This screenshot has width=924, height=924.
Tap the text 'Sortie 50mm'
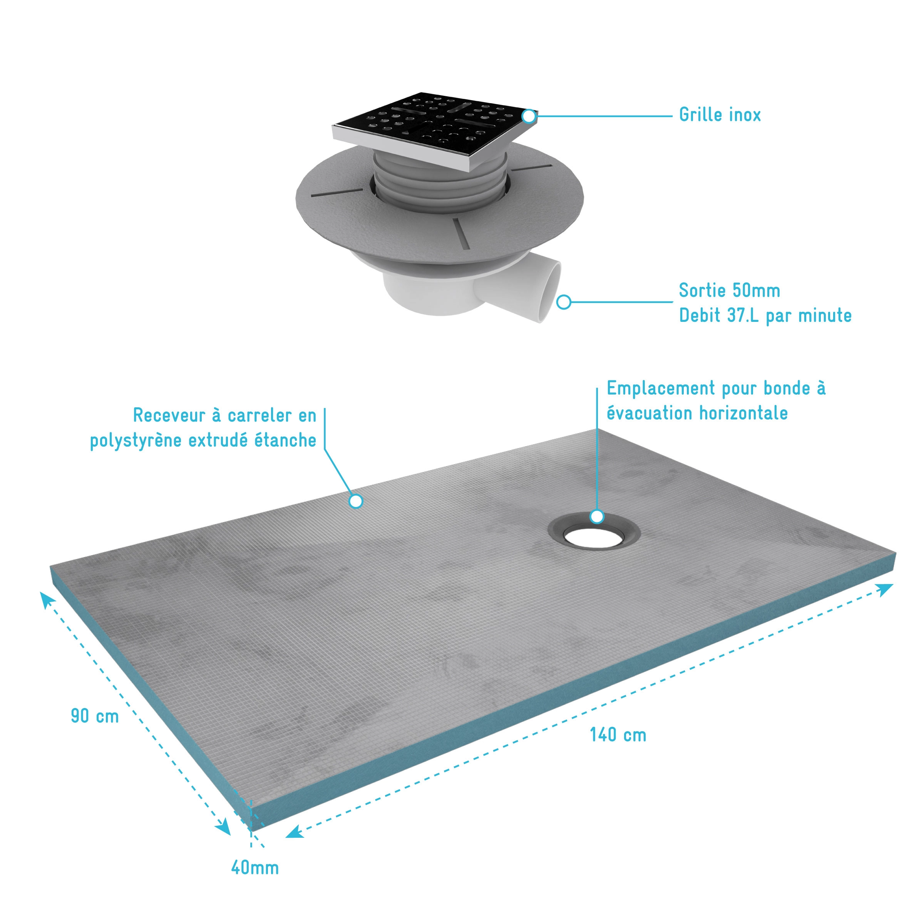coord(729,290)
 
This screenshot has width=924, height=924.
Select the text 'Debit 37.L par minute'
coord(765,315)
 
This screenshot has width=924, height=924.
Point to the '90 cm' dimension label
coord(95,716)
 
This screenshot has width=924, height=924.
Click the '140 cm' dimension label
coord(618,735)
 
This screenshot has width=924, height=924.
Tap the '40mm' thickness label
coord(255,867)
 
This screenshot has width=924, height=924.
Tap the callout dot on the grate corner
coord(529,116)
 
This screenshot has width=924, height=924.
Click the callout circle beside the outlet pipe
coord(564,302)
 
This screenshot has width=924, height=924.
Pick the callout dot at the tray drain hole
coord(596,517)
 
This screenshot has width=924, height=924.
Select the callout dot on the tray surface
coord(356,501)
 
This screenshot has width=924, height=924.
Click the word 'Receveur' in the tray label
coord(164,415)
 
